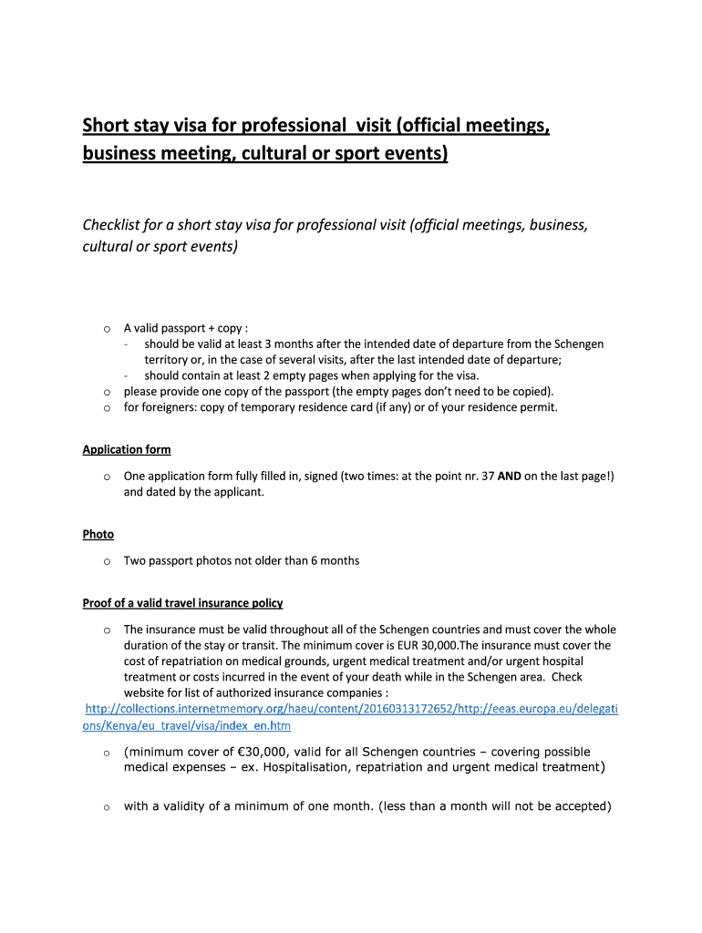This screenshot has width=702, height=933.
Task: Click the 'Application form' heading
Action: pyautogui.click(x=126, y=449)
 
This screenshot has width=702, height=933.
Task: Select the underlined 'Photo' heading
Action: pyautogui.click(x=98, y=534)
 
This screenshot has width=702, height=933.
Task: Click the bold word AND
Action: pyautogui.click(x=509, y=476)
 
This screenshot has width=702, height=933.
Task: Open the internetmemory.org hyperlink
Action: pyautogui.click(x=351, y=709)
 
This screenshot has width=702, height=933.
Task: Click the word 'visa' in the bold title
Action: pyautogui.click(x=193, y=125)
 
